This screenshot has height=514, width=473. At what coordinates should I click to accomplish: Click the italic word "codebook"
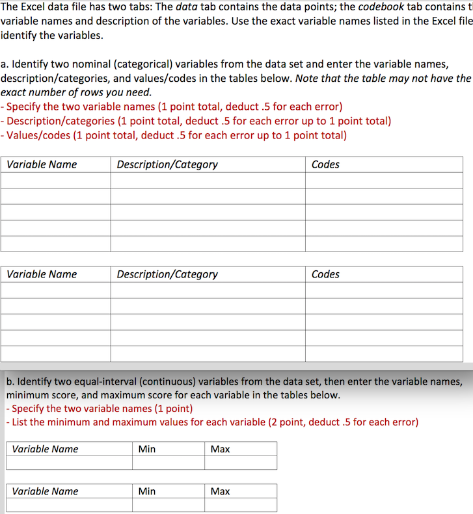380,7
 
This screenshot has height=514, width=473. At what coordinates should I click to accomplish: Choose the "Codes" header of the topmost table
325,164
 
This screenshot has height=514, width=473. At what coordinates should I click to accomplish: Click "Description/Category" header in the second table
167,274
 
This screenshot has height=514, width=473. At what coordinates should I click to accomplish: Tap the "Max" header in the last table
220,491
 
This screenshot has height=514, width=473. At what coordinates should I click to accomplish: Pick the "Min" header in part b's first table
147,449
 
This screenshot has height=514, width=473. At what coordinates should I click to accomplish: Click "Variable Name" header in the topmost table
42,164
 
